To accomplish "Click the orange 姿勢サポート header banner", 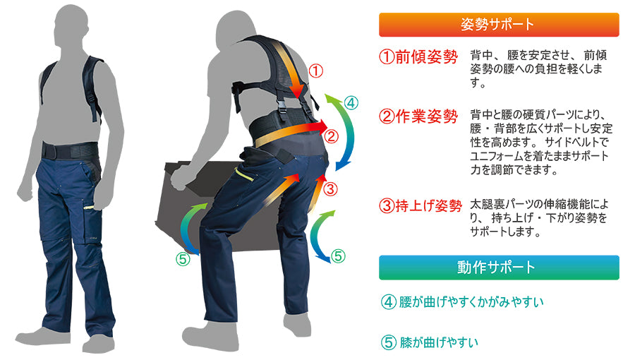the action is (x=499, y=25).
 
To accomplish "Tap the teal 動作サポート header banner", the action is (x=499, y=268).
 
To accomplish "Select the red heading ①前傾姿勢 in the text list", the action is (x=418, y=56).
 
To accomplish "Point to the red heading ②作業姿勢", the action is (x=418, y=116).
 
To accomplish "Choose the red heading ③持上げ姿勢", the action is (x=421, y=205).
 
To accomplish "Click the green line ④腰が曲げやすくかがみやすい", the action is (x=462, y=301).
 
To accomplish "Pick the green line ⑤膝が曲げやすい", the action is (x=430, y=342).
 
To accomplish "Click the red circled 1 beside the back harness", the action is (x=316, y=71).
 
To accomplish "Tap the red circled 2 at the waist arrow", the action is (x=332, y=136).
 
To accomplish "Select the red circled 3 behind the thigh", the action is (x=330, y=188).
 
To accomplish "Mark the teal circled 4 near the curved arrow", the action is (x=351, y=103).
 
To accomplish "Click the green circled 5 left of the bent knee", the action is (x=183, y=259).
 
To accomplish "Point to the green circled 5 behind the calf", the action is (x=338, y=256).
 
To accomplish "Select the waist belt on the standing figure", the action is (x=70, y=150).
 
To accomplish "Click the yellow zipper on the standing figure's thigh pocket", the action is (x=89, y=208).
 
